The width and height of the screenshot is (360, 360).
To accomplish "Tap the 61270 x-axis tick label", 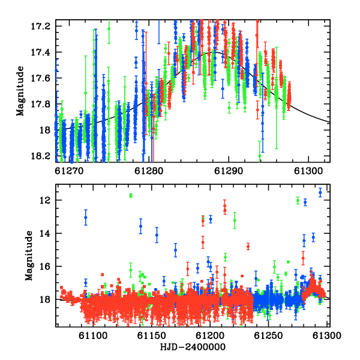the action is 69,171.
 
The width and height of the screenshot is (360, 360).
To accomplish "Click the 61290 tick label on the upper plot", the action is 229,171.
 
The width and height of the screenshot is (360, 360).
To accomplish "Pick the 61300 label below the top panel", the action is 308,171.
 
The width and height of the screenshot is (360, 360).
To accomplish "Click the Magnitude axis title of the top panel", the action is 20,91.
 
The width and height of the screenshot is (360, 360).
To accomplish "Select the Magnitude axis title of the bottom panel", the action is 29,256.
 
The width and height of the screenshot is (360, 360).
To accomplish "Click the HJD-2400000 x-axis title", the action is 193,347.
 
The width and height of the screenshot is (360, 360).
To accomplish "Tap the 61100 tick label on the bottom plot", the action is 93,335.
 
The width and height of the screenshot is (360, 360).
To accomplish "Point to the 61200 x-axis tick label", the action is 210,335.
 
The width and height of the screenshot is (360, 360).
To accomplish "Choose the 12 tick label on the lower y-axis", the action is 45,200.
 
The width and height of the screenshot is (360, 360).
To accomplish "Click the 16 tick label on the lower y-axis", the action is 45,266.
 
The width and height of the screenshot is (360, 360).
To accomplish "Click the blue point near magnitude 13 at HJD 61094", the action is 86,217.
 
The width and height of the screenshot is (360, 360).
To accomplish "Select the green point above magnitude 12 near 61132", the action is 131,196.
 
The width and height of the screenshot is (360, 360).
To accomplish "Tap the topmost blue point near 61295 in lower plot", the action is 320,193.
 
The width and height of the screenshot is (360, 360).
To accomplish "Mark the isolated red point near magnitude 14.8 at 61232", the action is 248,247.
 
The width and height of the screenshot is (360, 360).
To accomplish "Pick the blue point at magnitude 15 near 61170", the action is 176,250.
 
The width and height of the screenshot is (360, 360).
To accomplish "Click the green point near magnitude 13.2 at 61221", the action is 235,220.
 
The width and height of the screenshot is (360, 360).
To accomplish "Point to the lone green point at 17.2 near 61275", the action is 109,29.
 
